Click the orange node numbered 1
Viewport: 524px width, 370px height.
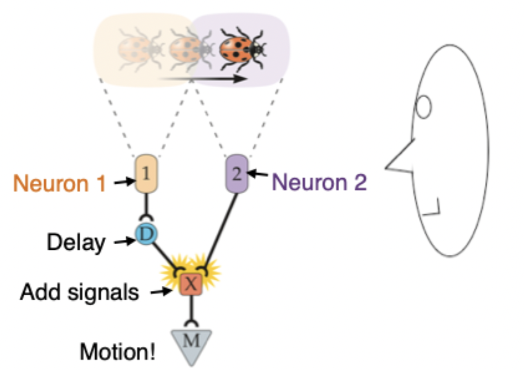pos(145,172)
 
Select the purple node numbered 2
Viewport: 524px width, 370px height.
pos(236,172)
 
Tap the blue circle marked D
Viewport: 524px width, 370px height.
pos(145,234)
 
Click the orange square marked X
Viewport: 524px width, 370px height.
pos(191,284)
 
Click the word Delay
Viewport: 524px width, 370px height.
pos(76,242)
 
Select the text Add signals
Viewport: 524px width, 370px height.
pos(80,292)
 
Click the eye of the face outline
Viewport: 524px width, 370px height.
pos(424,107)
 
